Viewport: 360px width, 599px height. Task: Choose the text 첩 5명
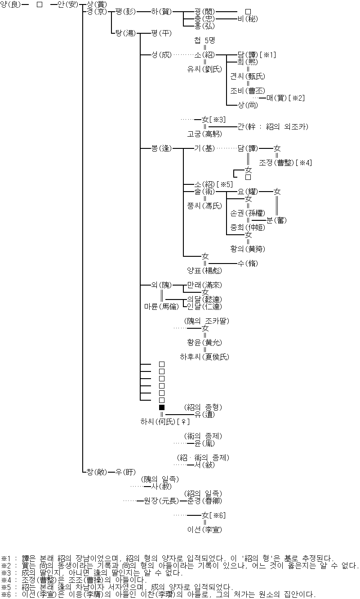coord(204,40)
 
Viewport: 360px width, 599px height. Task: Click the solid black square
coord(162,407)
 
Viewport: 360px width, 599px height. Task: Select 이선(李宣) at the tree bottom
coord(204,530)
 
